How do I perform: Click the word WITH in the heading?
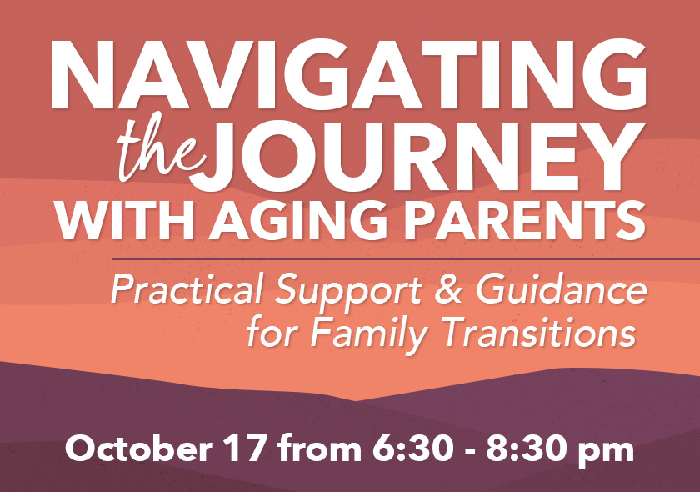click(126, 221)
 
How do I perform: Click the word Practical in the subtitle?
click(186, 290)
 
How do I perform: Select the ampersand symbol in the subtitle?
click(448, 290)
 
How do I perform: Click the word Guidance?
click(561, 289)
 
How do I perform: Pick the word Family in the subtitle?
click(369, 335)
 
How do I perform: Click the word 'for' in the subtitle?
click(272, 335)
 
